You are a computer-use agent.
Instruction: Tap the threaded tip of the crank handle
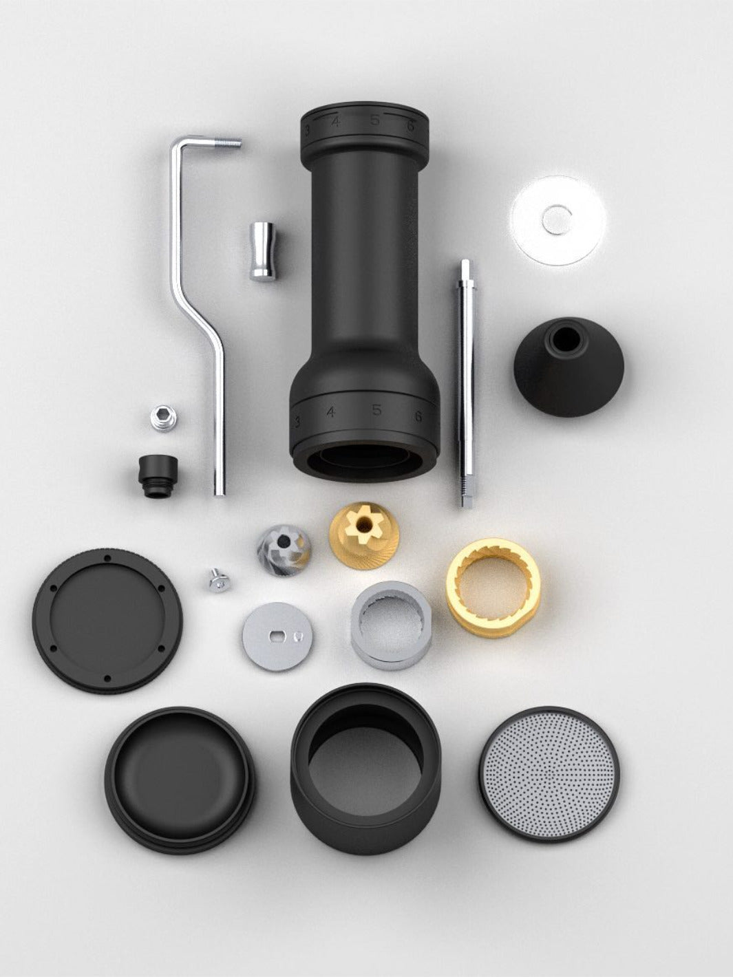click(231, 143)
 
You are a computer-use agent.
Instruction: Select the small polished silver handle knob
click(262, 251)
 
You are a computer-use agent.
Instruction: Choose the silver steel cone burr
click(284, 548)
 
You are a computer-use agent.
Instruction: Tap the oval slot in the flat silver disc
click(277, 634)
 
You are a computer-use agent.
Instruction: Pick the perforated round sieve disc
click(549, 773)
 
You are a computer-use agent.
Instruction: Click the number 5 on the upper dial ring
click(375, 120)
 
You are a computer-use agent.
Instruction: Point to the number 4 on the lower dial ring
click(331, 412)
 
